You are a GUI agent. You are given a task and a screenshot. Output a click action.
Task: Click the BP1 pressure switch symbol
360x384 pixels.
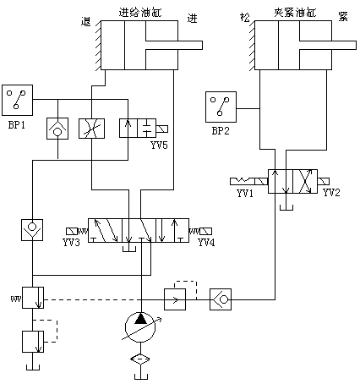17,100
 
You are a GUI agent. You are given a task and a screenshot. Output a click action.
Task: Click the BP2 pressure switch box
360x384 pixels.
221,107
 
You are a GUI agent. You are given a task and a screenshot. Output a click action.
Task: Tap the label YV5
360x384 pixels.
159,145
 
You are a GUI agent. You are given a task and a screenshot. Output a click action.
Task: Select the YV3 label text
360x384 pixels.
71,242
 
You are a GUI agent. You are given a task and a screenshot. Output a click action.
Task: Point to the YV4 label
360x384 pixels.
206,242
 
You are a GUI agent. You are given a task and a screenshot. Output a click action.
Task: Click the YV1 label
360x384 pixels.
245,194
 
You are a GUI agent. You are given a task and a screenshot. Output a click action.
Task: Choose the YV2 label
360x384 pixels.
331,193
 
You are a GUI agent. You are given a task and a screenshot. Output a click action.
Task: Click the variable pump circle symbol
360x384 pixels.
140,327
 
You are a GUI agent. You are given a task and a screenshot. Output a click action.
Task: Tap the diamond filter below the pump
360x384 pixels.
140,359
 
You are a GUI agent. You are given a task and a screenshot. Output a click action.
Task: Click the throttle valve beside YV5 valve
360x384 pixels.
91,129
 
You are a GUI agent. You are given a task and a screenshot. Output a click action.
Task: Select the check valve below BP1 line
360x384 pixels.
57,129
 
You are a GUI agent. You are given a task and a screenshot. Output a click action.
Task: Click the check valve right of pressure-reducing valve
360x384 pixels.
221,299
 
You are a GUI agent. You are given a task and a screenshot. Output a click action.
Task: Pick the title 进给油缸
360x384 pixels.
140,13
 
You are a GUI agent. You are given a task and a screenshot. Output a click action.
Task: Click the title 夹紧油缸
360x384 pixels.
295,13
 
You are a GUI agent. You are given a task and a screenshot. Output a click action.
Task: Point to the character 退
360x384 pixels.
86,21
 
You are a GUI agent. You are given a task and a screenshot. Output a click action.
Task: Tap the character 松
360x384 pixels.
245,18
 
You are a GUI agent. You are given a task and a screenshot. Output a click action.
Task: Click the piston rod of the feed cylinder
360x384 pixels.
174,45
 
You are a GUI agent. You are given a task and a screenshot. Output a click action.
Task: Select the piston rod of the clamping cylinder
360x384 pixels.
328,45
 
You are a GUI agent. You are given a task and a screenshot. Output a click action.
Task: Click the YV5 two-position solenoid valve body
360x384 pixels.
138,129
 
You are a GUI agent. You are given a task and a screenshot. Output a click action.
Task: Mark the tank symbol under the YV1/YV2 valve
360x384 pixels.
286,208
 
